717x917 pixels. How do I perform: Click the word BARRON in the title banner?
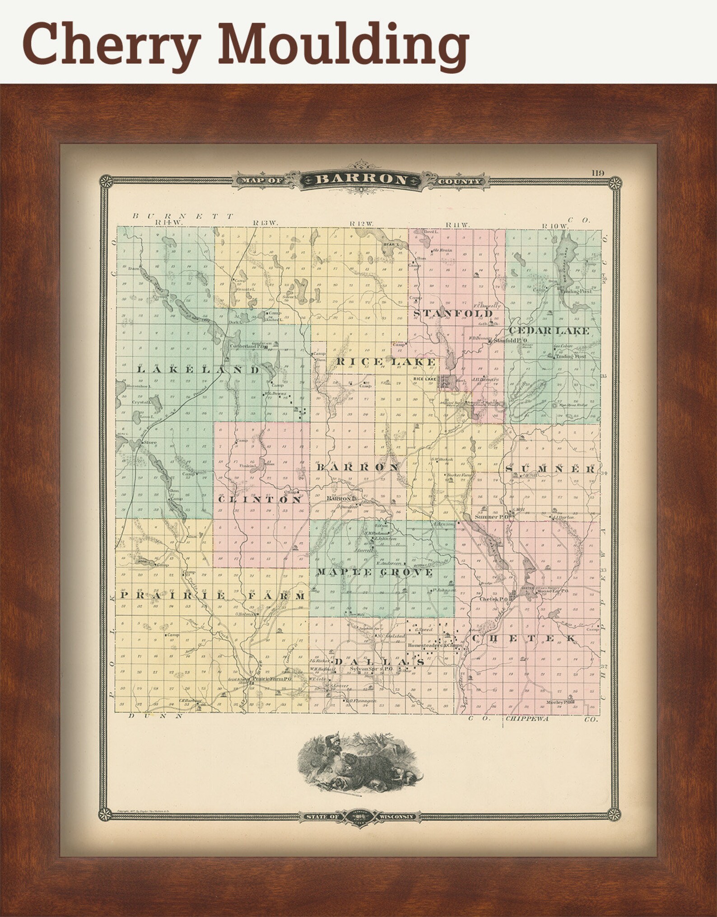click(x=360, y=179)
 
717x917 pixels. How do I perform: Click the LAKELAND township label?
click(x=198, y=370)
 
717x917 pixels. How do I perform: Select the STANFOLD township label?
click(x=452, y=313)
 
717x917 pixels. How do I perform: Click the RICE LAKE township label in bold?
click(x=386, y=362)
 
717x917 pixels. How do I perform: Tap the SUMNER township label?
click(x=550, y=469)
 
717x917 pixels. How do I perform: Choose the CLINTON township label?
click(x=260, y=500)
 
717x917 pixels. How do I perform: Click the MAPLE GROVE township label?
click(x=374, y=572)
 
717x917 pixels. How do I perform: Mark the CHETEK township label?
click(x=524, y=638)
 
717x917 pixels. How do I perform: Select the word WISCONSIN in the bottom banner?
click(x=396, y=817)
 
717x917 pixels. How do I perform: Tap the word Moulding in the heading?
click(x=343, y=45)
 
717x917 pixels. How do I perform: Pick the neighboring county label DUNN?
click(x=155, y=716)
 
